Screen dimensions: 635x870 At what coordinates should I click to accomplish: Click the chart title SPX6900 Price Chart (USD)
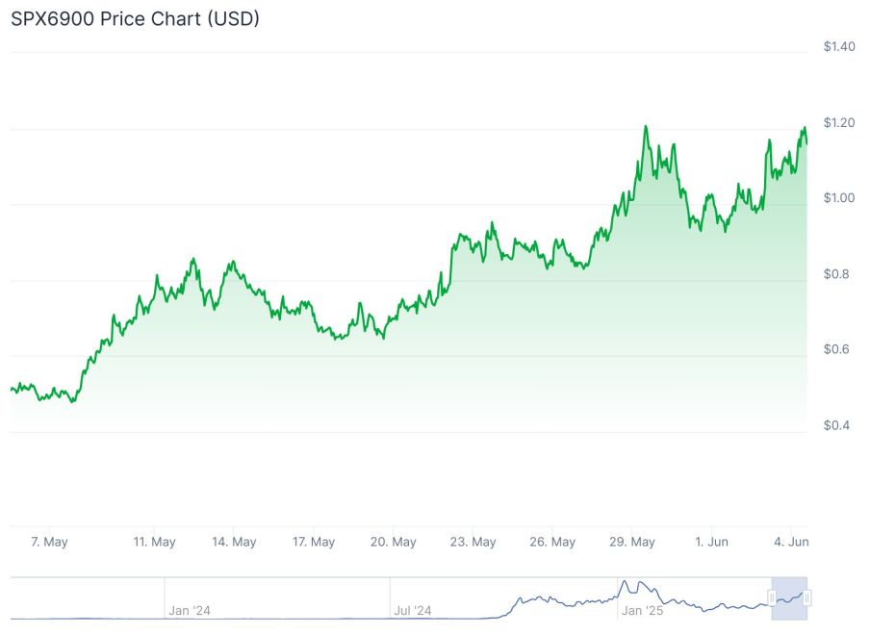point(135,18)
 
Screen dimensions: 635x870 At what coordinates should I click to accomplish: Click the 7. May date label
point(49,542)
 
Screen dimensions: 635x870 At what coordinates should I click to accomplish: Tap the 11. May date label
point(154,542)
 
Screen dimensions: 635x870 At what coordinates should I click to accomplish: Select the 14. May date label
point(234,542)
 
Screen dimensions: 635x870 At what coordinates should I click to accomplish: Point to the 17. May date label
point(313,542)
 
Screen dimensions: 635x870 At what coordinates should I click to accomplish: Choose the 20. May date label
point(393,542)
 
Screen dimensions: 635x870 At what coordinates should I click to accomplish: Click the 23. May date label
point(473,542)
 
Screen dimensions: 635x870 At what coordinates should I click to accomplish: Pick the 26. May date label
point(552,542)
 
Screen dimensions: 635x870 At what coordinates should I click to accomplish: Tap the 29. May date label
point(632,542)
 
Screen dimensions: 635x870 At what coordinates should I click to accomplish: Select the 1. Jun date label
point(711,542)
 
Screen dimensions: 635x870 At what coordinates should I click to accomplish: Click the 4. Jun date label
point(791,542)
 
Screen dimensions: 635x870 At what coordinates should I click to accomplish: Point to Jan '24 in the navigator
point(189,610)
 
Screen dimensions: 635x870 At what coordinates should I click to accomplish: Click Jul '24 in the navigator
point(413,610)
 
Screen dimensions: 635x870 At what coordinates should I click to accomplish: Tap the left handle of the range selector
point(772,598)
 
